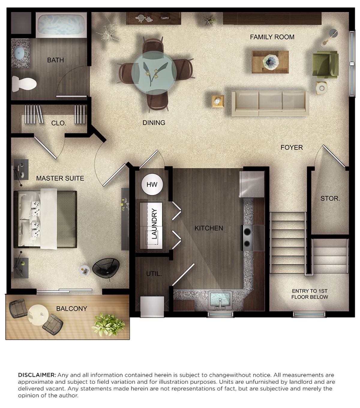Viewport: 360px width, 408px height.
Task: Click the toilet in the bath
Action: point(24,84)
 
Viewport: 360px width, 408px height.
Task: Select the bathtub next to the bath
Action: point(61,25)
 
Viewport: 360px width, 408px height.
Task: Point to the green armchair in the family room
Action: point(325,64)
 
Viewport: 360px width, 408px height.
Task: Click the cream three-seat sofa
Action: point(270,103)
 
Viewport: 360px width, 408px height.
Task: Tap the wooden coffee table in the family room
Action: point(270,62)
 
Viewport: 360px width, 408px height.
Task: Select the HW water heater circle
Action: point(152,184)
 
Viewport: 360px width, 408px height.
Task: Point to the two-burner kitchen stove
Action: point(247,238)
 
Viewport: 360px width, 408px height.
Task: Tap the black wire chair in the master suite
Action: point(106,268)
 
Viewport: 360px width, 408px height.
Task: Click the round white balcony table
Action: point(38,315)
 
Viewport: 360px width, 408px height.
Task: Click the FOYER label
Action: point(292,147)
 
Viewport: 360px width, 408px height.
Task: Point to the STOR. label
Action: point(330,199)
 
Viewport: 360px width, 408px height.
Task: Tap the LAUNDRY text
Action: point(154,223)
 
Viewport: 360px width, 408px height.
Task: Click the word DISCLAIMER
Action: point(37,375)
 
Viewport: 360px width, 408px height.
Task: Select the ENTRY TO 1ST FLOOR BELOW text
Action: point(310,294)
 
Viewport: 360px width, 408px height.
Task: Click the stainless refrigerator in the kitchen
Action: point(252,184)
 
